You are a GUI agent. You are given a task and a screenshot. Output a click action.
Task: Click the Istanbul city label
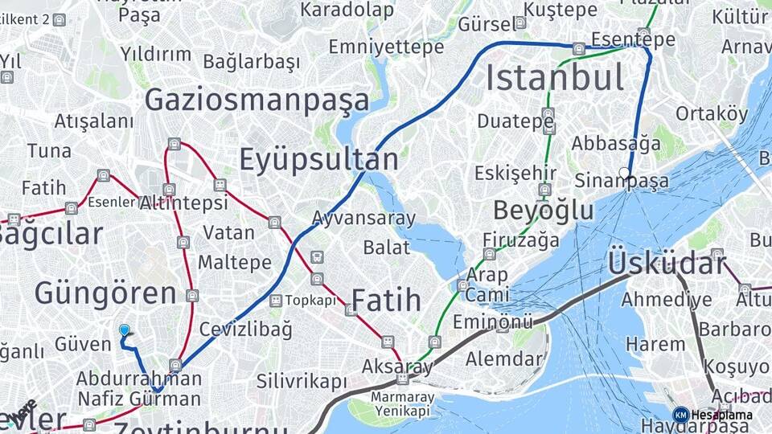tap(555, 78)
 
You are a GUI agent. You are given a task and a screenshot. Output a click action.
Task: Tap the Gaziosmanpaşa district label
tap(257, 100)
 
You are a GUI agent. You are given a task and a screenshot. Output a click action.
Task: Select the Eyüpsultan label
tap(318, 160)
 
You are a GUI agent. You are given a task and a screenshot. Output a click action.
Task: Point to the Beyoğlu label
tap(543, 211)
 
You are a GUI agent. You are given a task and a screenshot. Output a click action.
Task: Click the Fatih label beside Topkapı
tap(386, 301)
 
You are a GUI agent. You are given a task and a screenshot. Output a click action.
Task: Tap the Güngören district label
tap(105, 293)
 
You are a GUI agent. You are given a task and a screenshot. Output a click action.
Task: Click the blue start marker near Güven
tap(125, 330)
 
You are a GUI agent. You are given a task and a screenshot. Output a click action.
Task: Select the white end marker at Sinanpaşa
tap(625, 173)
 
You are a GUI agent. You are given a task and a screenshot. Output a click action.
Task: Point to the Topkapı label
tap(310, 301)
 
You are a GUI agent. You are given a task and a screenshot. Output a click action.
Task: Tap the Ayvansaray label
tap(363, 218)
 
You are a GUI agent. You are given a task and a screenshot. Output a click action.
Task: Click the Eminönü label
tap(493, 322)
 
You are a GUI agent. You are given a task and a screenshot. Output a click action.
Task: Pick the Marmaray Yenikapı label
tap(402, 404)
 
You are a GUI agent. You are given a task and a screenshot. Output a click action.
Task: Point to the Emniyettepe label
tap(386, 47)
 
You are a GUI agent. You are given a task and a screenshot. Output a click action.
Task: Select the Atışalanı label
tap(94, 121)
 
